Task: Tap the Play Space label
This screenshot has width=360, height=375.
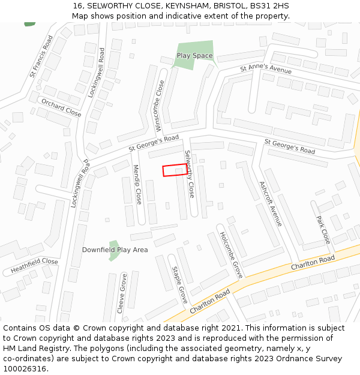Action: pyautogui.click(x=194, y=56)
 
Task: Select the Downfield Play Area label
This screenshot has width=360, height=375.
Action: pyautogui.click(x=115, y=250)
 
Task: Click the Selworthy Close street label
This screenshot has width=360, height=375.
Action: pyautogui.click(x=190, y=174)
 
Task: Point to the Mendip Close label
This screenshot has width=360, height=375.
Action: pyautogui.click(x=137, y=184)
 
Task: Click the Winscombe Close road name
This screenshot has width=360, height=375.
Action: pyautogui.click(x=160, y=106)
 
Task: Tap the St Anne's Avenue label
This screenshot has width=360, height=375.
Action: pyautogui.click(x=266, y=70)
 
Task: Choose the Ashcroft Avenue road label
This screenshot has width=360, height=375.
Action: pyautogui.click(x=270, y=203)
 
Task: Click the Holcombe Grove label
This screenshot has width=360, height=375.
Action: pyautogui.click(x=230, y=254)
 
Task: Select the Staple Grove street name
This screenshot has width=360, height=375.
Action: pyautogui.click(x=180, y=285)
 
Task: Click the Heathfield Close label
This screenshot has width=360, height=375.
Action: pyautogui.click(x=34, y=266)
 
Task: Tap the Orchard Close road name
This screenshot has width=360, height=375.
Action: pyautogui.click(x=61, y=108)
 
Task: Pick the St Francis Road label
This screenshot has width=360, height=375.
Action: pyautogui.click(x=41, y=56)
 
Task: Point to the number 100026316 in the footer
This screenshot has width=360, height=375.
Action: pyautogui.click(x=25, y=368)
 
